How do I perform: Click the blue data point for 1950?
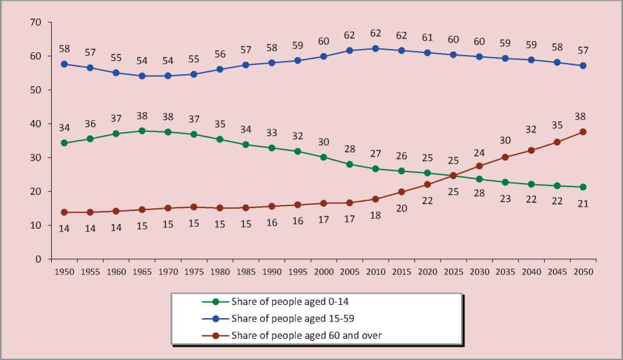[64, 64]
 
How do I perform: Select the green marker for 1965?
[142, 131]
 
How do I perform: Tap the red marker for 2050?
[583, 131]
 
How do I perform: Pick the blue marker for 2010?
[376, 48]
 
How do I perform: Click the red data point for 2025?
[453, 176]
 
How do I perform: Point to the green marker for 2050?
[583, 187]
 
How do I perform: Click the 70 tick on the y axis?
[36, 23]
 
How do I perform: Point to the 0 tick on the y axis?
[38, 259]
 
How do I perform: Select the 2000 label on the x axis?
[323, 271]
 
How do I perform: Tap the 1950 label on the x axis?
[64, 271]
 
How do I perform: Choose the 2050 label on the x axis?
[583, 271]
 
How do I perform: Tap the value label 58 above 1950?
[64, 48]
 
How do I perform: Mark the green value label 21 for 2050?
[583, 204]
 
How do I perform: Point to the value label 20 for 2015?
[401, 208]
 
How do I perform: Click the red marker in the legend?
[215, 335]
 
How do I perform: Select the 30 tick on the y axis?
[36, 158]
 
